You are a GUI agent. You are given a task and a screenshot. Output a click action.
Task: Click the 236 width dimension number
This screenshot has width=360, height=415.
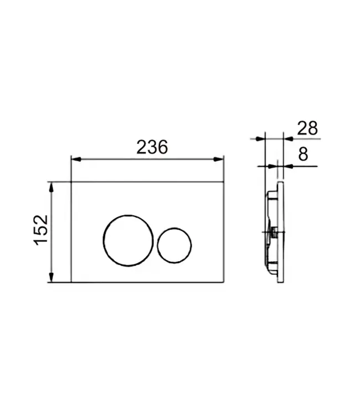[151, 147]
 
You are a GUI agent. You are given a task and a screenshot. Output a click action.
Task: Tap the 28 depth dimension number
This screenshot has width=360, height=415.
[307, 128]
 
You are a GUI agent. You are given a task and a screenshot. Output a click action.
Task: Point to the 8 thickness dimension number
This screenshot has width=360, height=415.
[302, 154]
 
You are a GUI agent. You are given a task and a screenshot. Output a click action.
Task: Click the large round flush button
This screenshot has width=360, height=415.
[125, 240]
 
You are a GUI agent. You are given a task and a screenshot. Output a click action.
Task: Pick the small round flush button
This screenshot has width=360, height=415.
[174, 244]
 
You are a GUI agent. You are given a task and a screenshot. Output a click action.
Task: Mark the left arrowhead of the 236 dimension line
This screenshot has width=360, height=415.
[75, 159]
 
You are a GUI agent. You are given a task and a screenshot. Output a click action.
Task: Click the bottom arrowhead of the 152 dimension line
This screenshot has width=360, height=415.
[52, 279]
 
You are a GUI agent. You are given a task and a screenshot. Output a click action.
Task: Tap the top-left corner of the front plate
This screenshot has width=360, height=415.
[71, 181]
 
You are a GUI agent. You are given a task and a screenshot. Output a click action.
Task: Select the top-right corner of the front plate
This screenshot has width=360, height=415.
[224, 181]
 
